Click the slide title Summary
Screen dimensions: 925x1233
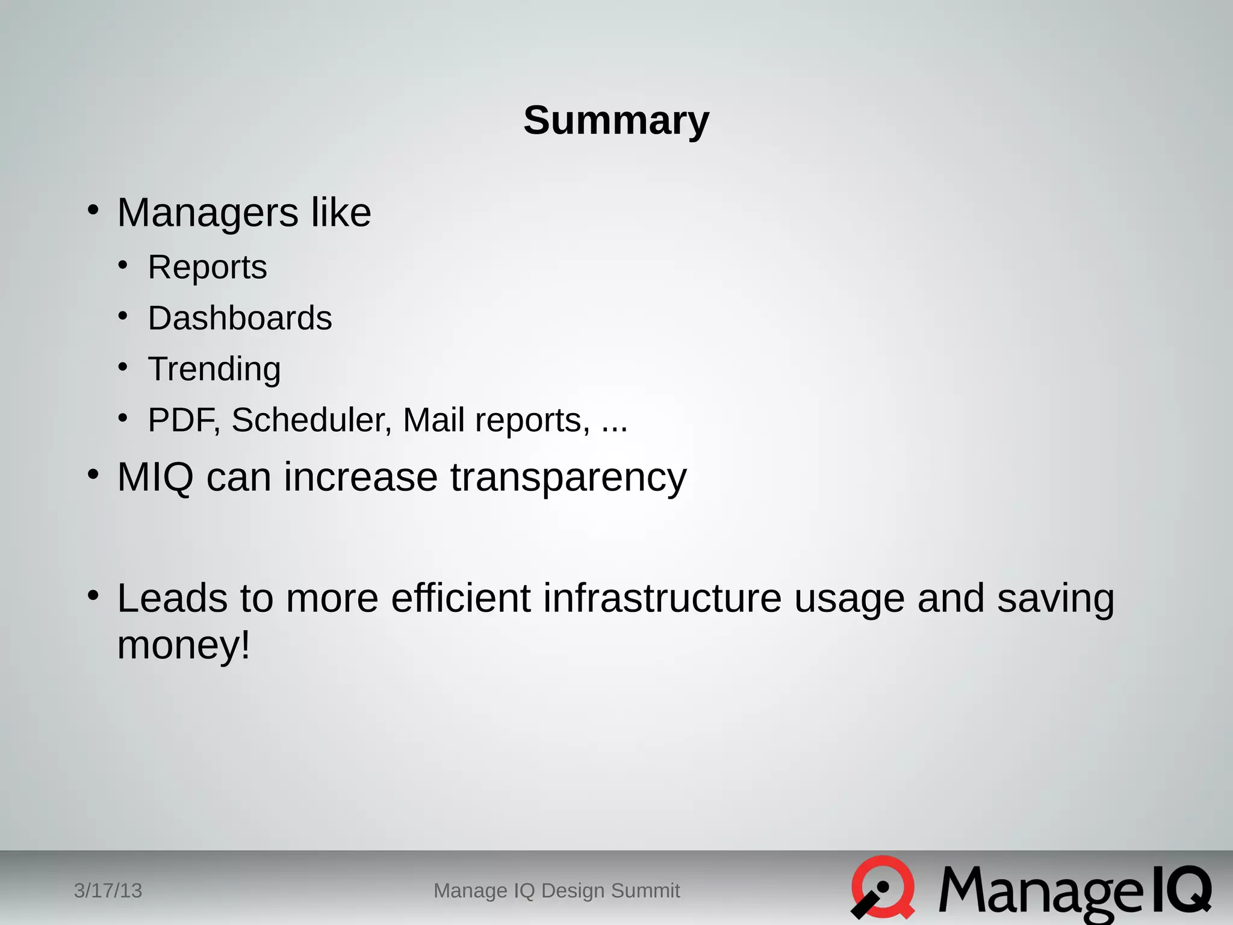pyautogui.click(x=616, y=120)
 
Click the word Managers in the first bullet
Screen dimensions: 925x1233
pyautogui.click(x=207, y=213)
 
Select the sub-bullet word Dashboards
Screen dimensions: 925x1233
pyautogui.click(x=240, y=318)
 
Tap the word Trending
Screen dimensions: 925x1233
pyautogui.click(x=214, y=369)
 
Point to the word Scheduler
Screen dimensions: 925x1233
pyautogui.click(x=311, y=420)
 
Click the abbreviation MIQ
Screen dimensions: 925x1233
pyautogui.click(x=155, y=478)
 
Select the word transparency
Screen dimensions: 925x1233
pyautogui.click(x=568, y=478)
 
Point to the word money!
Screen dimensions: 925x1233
pyautogui.click(x=183, y=646)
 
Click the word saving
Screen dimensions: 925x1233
pyautogui.click(x=1055, y=599)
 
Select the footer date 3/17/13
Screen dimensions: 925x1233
pyautogui.click(x=108, y=891)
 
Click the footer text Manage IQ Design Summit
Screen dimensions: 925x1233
pyautogui.click(x=556, y=891)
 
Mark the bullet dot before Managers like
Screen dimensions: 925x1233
pyautogui.click(x=93, y=210)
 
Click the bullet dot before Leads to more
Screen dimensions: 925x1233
pyautogui.click(x=93, y=596)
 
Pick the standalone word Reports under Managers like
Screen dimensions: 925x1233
pyautogui.click(x=207, y=267)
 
